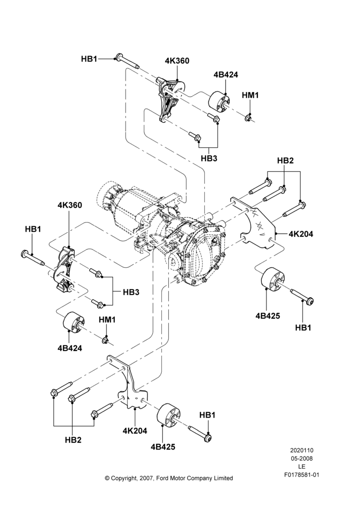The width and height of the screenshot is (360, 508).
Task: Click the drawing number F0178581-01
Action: click(302, 475)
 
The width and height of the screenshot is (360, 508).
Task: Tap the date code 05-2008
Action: click(302, 458)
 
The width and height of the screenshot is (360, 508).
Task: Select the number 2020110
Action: click(302, 450)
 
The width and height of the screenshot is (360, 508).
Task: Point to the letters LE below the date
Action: click(302, 467)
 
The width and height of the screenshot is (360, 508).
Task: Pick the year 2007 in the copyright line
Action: click(147, 478)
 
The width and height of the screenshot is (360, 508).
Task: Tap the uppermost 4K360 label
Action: click(177, 61)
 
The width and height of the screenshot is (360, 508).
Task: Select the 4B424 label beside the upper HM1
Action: click(226, 75)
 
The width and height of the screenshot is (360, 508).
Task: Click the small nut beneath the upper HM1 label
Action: click(249, 117)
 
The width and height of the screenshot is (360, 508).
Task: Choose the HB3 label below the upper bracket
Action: click(209, 158)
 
